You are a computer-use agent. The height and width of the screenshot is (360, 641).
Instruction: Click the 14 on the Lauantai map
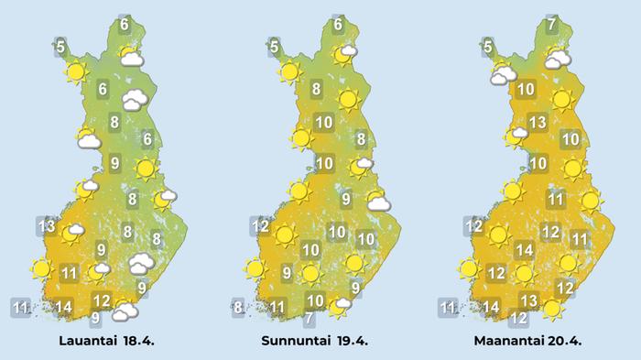point(63,306)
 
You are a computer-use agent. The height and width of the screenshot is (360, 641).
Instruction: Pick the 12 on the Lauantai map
point(103,300)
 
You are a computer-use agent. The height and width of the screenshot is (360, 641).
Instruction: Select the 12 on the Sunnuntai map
point(261,225)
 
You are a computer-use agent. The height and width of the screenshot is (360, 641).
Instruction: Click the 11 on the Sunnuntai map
point(277,306)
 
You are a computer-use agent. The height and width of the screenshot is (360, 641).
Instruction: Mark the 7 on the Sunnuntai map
point(310,319)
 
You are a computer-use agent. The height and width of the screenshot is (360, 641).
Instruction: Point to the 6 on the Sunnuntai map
point(338,25)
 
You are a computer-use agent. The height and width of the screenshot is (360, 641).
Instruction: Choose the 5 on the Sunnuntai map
point(274,45)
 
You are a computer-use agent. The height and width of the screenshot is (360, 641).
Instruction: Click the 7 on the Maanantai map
point(551,25)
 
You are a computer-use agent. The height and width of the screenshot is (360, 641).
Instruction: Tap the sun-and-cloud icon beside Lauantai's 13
point(71,234)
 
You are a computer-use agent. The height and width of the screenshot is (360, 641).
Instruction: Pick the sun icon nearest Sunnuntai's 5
point(290,71)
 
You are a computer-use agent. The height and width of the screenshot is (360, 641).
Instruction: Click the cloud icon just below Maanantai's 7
point(556,60)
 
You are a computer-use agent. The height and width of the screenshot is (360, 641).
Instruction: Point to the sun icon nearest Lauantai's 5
point(76,71)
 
